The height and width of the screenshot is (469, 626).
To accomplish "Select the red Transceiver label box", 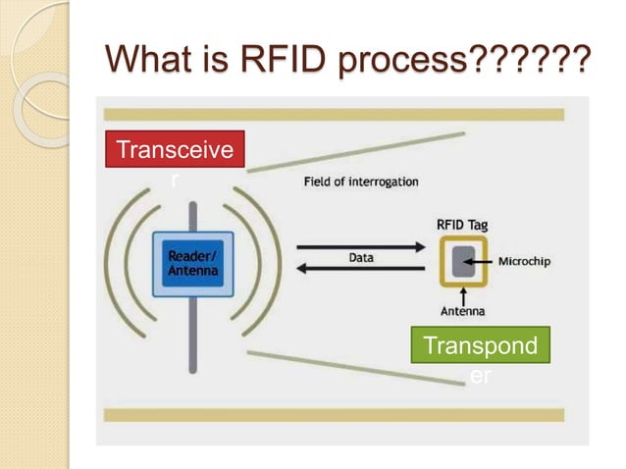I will click(175, 150).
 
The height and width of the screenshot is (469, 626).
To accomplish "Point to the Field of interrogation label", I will click(360, 182).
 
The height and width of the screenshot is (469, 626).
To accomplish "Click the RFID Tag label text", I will click(461, 225).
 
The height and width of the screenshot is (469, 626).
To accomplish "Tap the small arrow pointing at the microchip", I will click(486, 262).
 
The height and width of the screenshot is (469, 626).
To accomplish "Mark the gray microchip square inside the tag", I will click(462, 262).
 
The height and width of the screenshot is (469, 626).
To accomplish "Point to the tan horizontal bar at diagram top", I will click(335, 115).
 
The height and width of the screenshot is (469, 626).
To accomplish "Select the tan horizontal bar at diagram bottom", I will click(335, 415).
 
